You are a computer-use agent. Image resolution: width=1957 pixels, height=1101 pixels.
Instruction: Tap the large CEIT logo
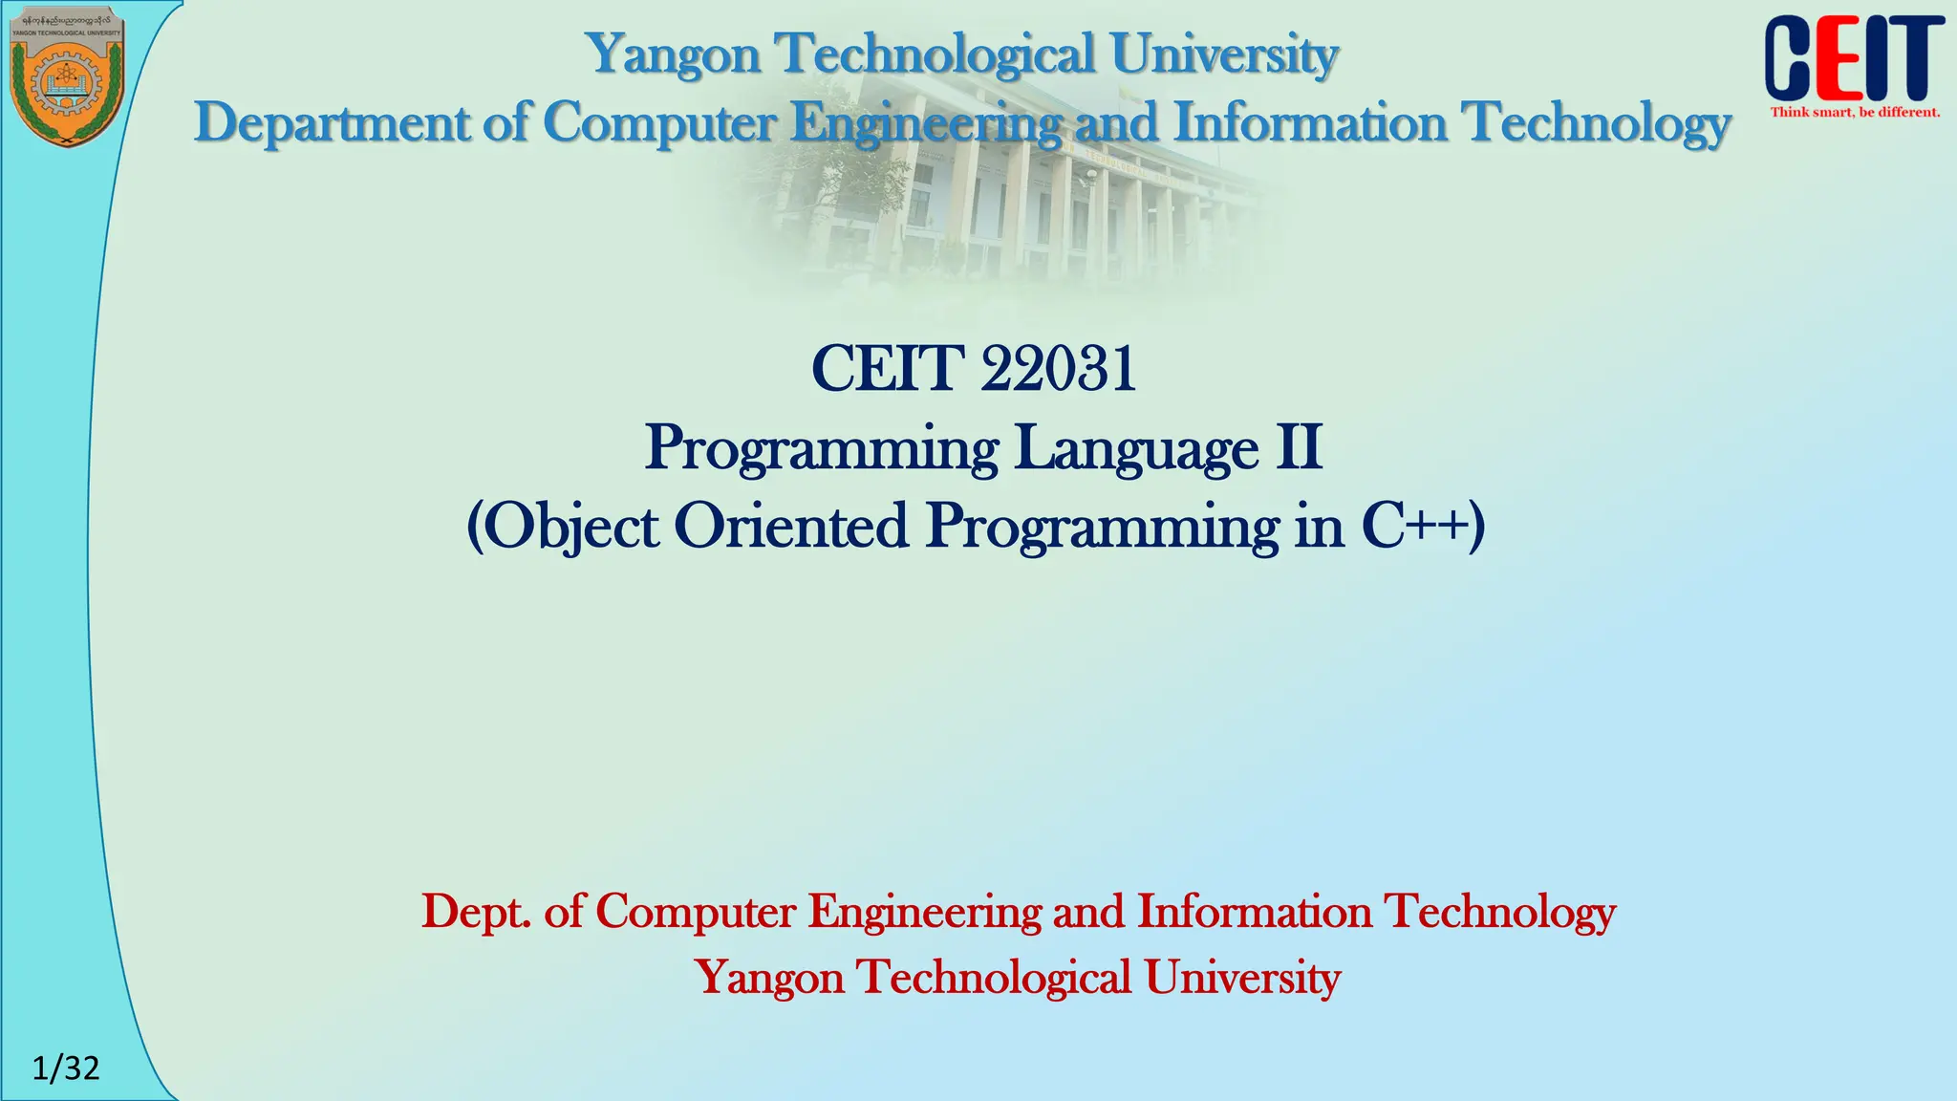[1853, 59]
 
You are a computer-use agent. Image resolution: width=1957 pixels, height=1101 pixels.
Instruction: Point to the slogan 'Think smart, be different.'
[1855, 113]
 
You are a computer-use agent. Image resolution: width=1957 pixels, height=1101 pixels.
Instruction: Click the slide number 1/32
[66, 1068]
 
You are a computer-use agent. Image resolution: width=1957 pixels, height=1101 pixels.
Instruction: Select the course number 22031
[1058, 369]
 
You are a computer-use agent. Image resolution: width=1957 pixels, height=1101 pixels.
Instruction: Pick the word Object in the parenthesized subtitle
[570, 527]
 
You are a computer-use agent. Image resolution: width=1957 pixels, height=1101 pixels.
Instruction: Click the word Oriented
[791, 527]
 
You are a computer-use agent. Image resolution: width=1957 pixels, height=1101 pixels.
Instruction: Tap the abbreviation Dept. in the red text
[475, 912]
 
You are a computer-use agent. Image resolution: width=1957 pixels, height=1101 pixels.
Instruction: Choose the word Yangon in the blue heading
[674, 54]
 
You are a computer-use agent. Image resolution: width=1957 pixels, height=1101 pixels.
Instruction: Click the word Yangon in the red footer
[769, 978]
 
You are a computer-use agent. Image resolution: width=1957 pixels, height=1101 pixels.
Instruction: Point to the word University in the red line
[1242, 978]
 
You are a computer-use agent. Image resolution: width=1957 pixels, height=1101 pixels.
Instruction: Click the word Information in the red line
[1255, 912]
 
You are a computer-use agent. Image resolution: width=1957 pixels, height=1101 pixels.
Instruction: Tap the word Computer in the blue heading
[658, 123]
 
